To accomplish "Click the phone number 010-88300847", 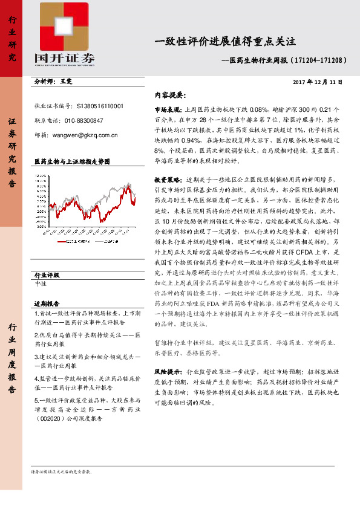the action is point(85,121).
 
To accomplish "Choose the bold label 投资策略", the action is point(168,180).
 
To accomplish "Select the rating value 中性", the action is point(42,283).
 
